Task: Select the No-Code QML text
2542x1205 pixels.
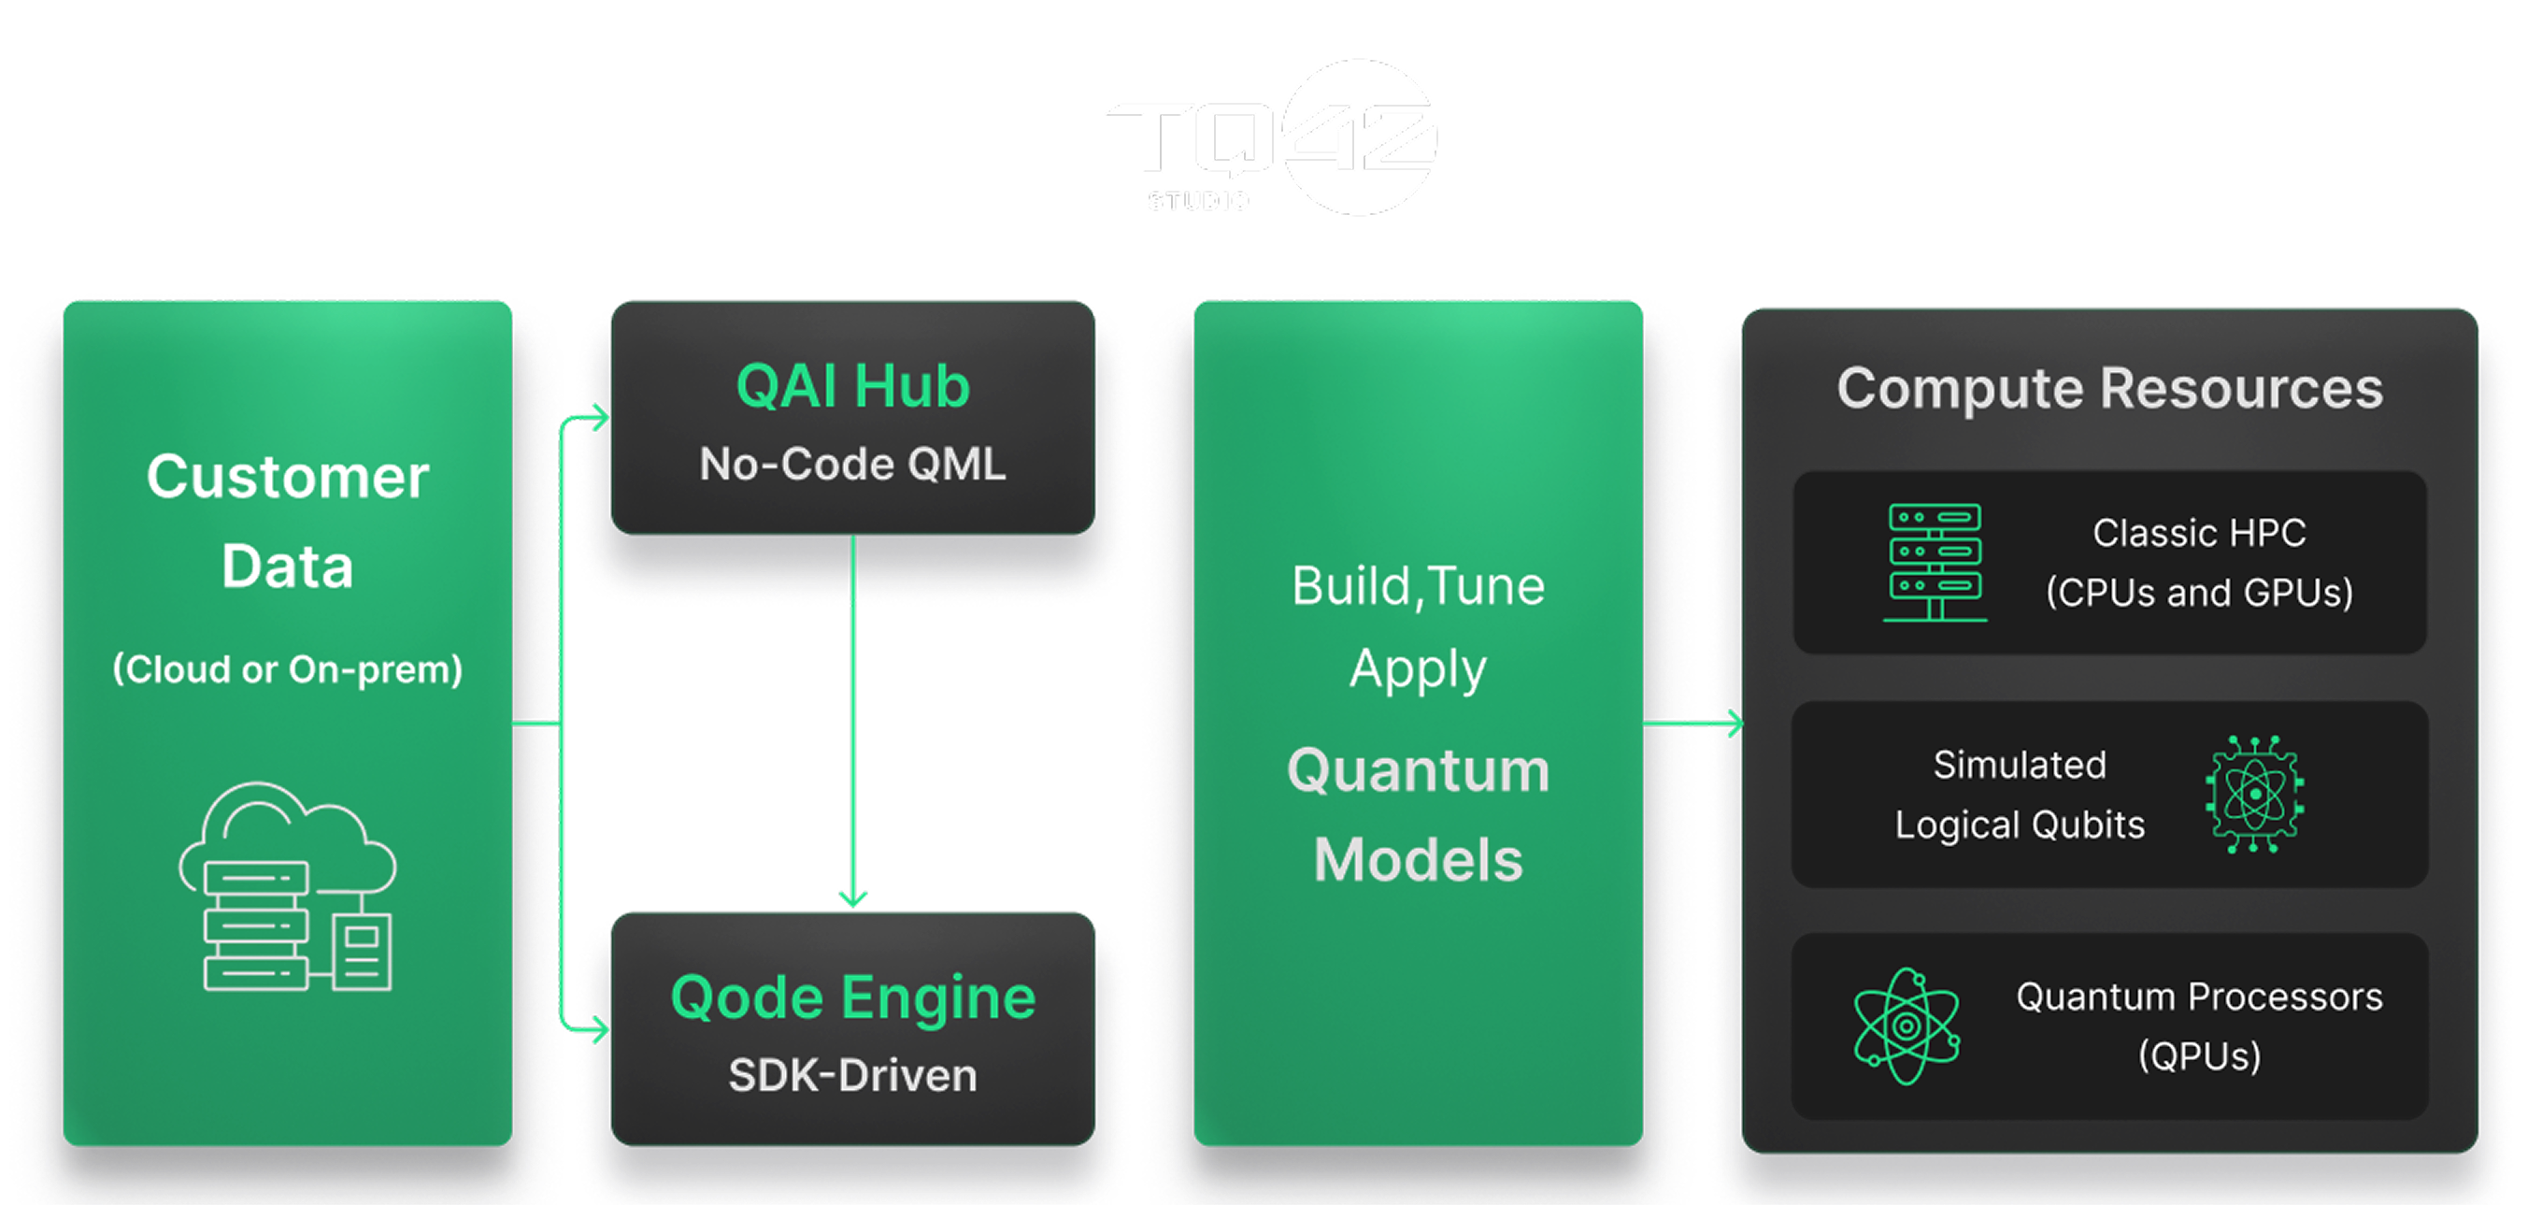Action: tap(852, 464)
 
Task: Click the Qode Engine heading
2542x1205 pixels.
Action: tap(852, 997)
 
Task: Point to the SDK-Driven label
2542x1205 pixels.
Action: tap(852, 1076)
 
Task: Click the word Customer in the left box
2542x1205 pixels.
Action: tap(287, 477)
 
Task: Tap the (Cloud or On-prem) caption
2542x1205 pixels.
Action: tap(287, 669)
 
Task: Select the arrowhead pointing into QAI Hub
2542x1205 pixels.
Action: tap(598, 419)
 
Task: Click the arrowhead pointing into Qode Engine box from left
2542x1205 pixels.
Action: tap(598, 1030)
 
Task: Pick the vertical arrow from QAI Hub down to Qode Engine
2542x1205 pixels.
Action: tap(852, 721)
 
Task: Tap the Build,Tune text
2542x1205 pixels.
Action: tap(1418, 586)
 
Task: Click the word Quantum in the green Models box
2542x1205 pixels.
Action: tap(1418, 770)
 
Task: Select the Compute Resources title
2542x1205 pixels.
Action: tap(2110, 388)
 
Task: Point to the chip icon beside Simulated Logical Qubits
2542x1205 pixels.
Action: tap(2254, 794)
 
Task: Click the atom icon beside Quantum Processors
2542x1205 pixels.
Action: tap(1906, 1026)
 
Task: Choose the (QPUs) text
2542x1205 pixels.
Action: tap(2199, 1056)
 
